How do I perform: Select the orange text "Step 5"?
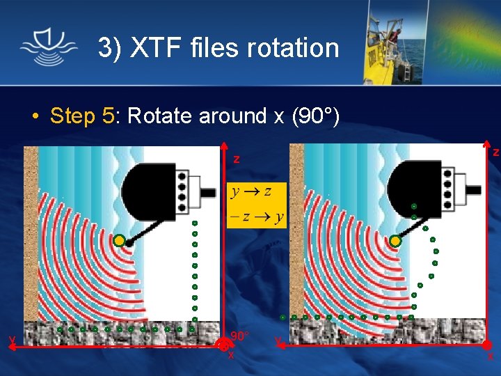[82, 116]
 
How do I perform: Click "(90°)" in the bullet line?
[315, 116]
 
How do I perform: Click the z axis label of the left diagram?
[236, 159]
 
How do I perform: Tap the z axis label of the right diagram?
[495, 152]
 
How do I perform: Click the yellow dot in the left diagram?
[119, 241]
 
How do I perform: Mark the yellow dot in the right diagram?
[395, 241]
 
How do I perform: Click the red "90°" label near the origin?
[239, 336]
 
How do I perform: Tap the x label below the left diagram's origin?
[230, 355]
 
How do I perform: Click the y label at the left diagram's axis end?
[12, 340]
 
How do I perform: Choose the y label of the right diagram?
[278, 342]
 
